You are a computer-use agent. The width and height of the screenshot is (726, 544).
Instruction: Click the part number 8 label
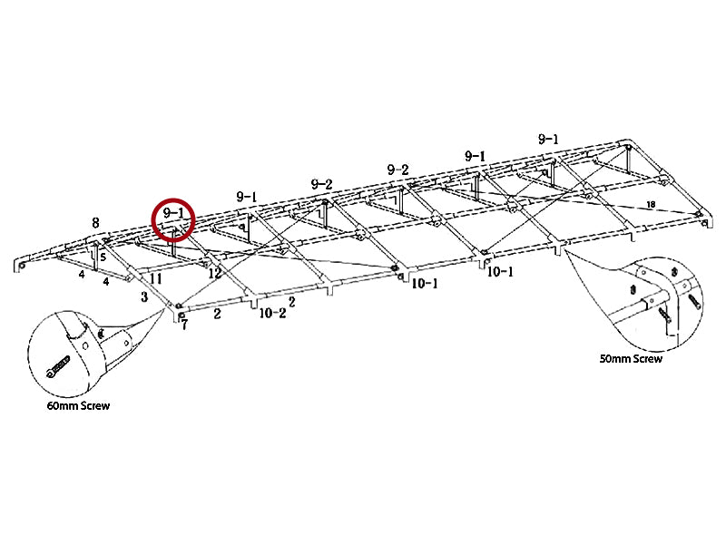(x=95, y=221)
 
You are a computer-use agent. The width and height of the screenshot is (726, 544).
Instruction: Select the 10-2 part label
(x=272, y=314)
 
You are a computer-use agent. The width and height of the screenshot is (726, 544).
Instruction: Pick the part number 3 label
(x=143, y=296)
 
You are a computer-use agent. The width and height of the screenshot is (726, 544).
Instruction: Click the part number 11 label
(x=156, y=278)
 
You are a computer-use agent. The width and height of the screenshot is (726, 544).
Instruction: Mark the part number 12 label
(x=215, y=273)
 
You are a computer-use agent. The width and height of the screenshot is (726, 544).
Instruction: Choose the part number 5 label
(x=103, y=257)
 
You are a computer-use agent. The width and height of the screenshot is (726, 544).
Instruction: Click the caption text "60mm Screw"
(x=79, y=405)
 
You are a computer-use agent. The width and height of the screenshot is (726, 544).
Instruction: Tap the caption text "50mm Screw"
(x=631, y=359)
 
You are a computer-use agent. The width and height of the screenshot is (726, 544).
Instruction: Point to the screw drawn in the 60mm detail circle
(x=57, y=365)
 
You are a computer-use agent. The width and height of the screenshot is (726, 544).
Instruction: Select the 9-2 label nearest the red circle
(x=321, y=184)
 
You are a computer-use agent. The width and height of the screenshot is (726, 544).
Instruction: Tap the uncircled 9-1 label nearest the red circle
(x=246, y=196)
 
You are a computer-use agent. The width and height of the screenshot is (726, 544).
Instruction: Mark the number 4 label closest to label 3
(x=106, y=281)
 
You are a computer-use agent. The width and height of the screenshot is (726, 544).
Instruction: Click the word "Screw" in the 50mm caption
(x=646, y=359)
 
